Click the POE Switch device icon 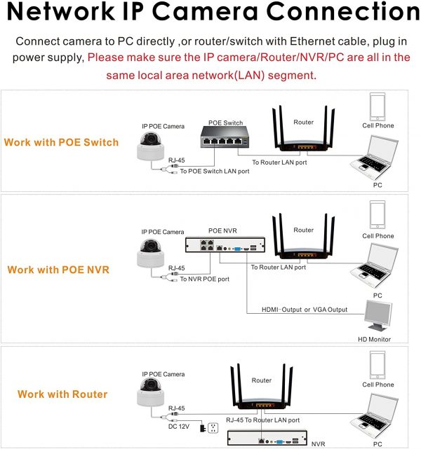pos(225,137)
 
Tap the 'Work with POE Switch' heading pos(61,142)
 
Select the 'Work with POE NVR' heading pos(58,270)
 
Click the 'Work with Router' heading pos(62,394)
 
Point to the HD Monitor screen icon pos(378,316)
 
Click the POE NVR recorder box pos(225,245)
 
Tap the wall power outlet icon pos(213,428)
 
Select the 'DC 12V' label pos(179,427)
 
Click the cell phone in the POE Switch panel pos(377,106)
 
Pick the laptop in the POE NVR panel pos(375,265)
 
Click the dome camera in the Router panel pos(151,392)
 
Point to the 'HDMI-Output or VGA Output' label pos(305,310)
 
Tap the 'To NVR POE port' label pos(205,279)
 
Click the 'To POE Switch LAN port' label pos(215,171)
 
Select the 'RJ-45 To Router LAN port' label pos(262,420)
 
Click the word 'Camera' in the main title pos(205,11)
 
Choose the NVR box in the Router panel pos(267,438)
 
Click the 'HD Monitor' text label pos(374,339)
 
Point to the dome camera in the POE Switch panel pos(151,146)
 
